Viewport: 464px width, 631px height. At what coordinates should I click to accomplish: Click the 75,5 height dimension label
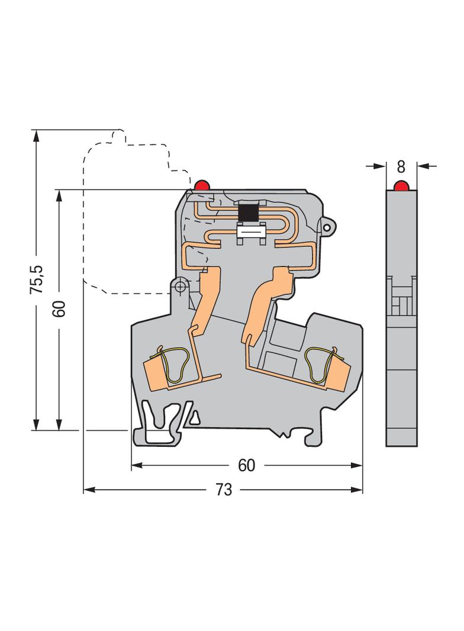37,279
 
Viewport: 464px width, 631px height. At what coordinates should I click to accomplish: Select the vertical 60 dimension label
59,308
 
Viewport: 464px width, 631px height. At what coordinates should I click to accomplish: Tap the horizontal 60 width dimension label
246,465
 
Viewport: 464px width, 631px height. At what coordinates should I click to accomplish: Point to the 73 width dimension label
224,490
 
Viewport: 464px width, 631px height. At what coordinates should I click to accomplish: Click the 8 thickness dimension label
401,166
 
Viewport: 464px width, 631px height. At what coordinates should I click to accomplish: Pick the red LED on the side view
401,186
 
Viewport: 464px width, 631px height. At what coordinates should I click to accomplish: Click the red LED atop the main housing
201,185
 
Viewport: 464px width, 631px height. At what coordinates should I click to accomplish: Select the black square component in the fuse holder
249,213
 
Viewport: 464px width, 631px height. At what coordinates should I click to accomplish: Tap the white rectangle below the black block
249,232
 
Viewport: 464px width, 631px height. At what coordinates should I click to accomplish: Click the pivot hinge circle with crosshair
180,286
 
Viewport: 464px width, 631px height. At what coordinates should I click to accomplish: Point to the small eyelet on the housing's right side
327,227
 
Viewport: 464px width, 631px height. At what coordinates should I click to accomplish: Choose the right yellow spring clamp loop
320,365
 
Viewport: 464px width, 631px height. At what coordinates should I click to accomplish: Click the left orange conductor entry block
154,375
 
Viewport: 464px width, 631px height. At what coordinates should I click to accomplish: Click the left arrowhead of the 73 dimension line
89,490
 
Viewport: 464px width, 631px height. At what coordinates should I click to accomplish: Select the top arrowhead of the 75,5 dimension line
36,136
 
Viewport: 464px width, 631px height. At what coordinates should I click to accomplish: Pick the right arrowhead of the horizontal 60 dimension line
356,465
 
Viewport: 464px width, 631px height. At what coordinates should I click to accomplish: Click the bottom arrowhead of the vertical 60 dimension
59,424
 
